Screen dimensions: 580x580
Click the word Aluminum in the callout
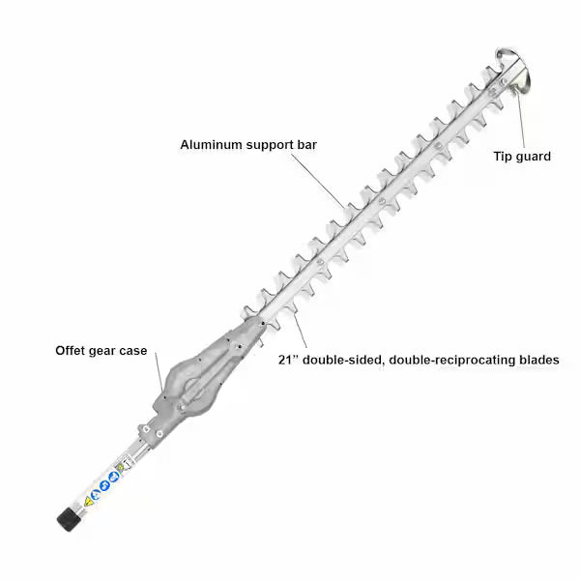pyautogui.click(x=211, y=145)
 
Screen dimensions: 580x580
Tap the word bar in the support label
pyautogui.click(x=307, y=145)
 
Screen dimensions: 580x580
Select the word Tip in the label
pyautogui.click(x=501, y=157)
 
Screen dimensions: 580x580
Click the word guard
pyautogui.click(x=532, y=158)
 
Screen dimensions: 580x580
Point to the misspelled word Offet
pyautogui.click(x=69, y=350)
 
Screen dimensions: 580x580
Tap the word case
pyautogui.click(x=132, y=351)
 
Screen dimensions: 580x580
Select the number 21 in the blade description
pyautogui.click(x=285, y=360)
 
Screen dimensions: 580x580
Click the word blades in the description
pyautogui.click(x=536, y=360)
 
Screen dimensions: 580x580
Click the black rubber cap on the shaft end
pyautogui.click(x=69, y=519)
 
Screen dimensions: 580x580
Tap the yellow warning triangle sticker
pyautogui.click(x=88, y=502)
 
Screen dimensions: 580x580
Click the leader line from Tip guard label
pyautogui.click(x=521, y=120)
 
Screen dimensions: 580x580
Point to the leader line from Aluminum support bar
pyautogui.click(x=318, y=182)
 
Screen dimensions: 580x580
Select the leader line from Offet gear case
pyautogui.click(x=159, y=371)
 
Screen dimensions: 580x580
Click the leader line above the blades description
pyautogui.click(x=301, y=331)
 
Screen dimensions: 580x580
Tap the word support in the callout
pyautogui.click(x=270, y=145)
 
